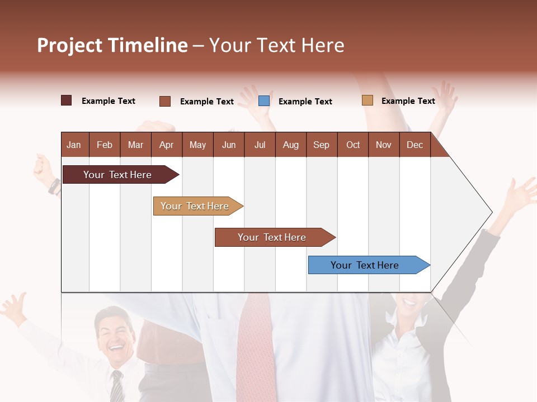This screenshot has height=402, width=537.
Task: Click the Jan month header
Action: tap(74, 145)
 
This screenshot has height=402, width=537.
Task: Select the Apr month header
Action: tap(166, 145)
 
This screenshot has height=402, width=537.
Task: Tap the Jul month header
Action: tap(260, 145)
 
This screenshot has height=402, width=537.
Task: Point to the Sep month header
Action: tap(321, 145)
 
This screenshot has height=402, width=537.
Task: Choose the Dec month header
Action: tap(414, 145)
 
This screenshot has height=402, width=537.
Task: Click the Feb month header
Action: tap(105, 145)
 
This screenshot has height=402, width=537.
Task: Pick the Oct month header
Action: tap(353, 145)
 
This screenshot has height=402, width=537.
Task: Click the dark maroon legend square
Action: tap(67, 100)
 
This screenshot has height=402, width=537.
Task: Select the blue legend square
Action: tap(264, 101)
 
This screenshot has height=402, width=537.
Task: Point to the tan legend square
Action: tap(367, 100)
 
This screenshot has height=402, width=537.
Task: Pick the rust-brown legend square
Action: tap(165, 101)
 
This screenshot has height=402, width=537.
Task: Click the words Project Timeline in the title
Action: tap(112, 45)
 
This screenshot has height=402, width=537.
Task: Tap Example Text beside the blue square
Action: tap(305, 102)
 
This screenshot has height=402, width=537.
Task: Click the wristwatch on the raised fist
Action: tap(54, 186)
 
